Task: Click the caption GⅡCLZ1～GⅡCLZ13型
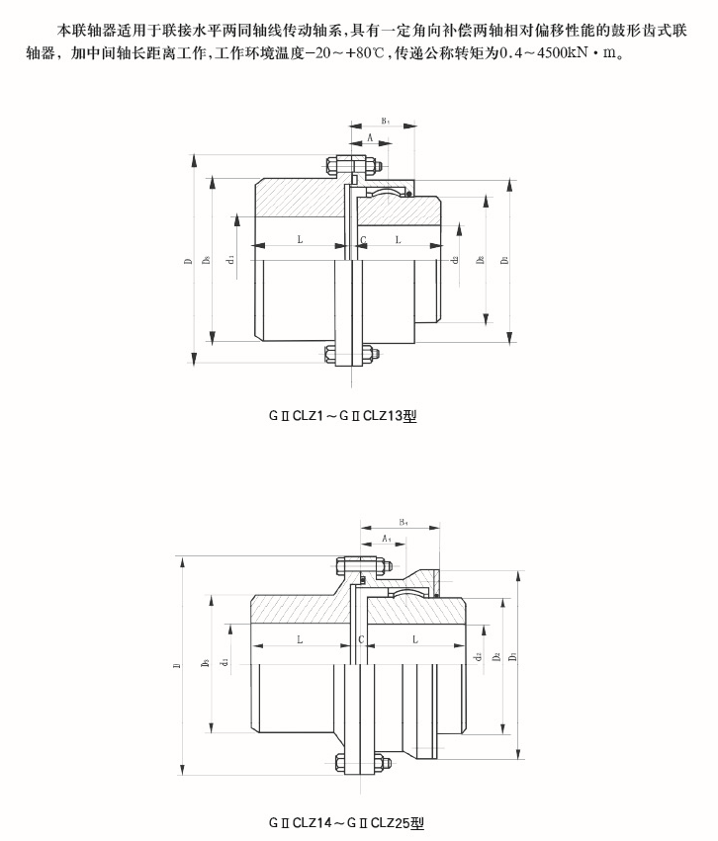[343, 417]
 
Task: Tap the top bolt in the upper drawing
[350, 165]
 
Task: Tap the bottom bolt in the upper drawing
[350, 355]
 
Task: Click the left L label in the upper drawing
[299, 240]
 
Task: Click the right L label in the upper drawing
[399, 240]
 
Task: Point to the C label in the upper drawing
[363, 240]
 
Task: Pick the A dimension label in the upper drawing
[369, 139]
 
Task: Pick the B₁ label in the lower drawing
[404, 521]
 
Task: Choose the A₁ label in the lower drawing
[387, 538]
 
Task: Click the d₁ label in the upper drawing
[229, 259]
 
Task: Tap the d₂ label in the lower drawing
[478, 656]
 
